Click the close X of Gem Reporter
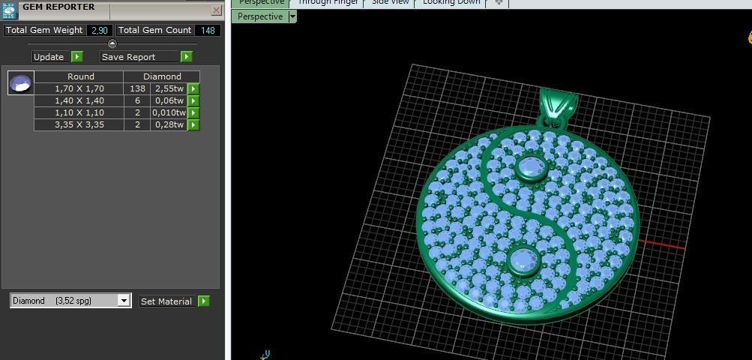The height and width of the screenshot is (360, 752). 217,10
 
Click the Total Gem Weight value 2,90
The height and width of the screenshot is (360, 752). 99,30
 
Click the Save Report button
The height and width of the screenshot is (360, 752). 139,57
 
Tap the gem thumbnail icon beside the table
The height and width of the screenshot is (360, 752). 20,82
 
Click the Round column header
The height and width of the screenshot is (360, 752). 80,76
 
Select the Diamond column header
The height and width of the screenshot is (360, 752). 162,76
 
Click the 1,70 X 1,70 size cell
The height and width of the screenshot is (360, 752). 79,88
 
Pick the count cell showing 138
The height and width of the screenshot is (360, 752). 137,88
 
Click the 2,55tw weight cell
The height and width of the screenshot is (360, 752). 169,88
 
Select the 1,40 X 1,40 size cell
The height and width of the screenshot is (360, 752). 79,100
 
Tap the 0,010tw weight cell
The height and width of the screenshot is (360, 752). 169,112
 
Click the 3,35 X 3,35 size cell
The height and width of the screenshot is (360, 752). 79,124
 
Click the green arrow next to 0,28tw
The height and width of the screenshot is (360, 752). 193,124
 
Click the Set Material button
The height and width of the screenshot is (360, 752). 167,301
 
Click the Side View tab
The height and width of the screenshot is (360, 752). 391,2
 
